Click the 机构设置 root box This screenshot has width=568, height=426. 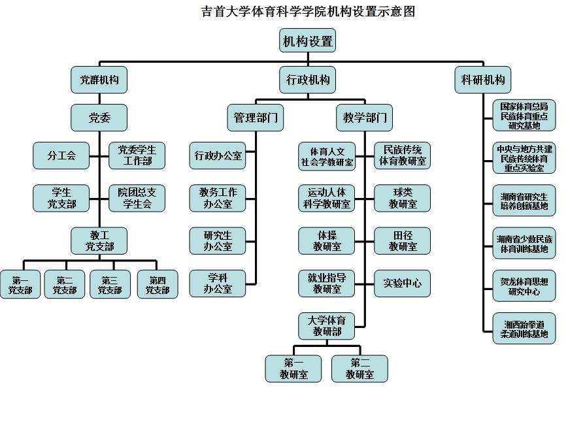pos(307,41)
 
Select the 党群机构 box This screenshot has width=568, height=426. pos(99,80)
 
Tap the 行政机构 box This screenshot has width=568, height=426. pos(308,80)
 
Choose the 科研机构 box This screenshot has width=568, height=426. pos(483,80)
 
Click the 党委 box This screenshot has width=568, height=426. pos(99,118)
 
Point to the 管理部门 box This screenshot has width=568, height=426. pos(256,118)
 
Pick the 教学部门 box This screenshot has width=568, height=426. pos(365,118)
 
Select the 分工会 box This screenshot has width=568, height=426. pos(61,156)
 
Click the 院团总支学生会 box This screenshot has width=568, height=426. pos(137,198)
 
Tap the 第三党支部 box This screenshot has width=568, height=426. pos(110,284)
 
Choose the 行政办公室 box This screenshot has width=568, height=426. pos(218,156)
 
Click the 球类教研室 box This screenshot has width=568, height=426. pos(402,198)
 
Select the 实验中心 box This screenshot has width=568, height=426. pos(402,284)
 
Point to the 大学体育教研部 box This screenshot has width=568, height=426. pos(327,326)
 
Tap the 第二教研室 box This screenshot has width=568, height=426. pos(359,369)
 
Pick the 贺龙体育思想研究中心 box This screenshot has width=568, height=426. pos(524,287)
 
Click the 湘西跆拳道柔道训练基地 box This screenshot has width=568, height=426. pos(524,329)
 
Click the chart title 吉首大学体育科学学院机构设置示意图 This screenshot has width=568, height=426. pos(308,11)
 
